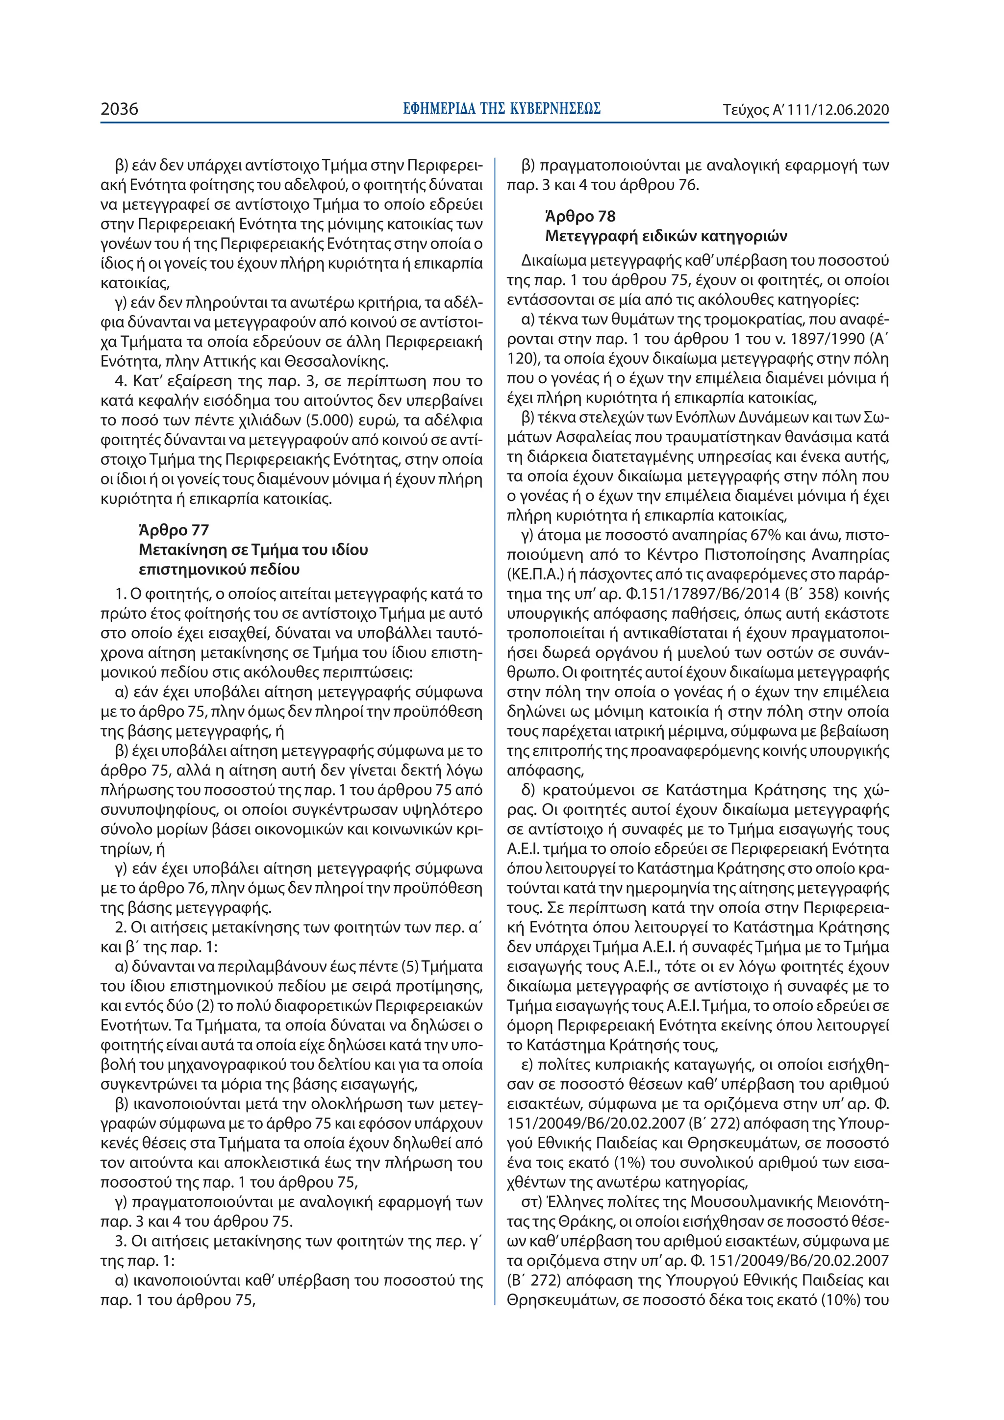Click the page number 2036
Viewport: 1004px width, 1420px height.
click(120, 109)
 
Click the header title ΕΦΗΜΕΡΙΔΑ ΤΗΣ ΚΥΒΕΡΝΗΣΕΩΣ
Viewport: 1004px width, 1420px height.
click(501, 109)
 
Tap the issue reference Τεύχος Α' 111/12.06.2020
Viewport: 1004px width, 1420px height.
click(805, 110)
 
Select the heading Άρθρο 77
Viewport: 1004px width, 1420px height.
click(174, 530)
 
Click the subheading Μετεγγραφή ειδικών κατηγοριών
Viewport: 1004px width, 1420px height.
click(666, 236)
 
